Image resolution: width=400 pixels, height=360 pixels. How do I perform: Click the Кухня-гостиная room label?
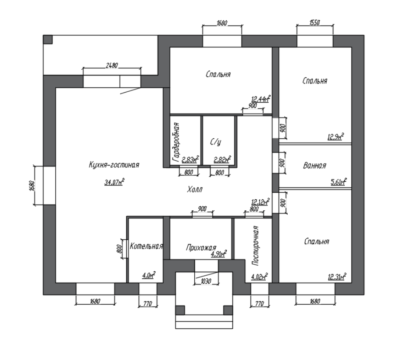coord(114,165)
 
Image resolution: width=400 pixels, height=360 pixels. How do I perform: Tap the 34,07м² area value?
coord(114,182)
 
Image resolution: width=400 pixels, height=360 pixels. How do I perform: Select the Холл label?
coord(195,190)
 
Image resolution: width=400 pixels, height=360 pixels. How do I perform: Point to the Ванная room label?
coord(314,166)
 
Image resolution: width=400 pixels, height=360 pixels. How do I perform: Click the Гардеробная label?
coord(176,142)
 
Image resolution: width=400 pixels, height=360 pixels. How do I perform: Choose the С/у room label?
coord(215,142)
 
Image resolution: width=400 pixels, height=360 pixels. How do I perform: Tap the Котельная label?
coord(146,246)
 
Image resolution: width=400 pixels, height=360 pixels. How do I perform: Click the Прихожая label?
coord(201,248)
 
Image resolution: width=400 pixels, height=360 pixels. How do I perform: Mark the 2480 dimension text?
coord(112,65)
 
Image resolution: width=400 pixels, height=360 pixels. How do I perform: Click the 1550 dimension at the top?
coord(314,22)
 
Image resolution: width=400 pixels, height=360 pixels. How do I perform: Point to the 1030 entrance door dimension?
coord(206,281)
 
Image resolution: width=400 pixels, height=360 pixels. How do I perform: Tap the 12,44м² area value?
coord(261,99)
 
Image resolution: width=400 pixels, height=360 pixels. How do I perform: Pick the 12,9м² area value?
coord(336,137)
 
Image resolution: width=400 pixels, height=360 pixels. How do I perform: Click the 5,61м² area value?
coord(339,182)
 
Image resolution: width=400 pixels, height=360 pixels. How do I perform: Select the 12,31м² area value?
coord(337,277)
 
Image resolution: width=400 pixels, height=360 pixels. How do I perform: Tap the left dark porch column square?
coord(180,310)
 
